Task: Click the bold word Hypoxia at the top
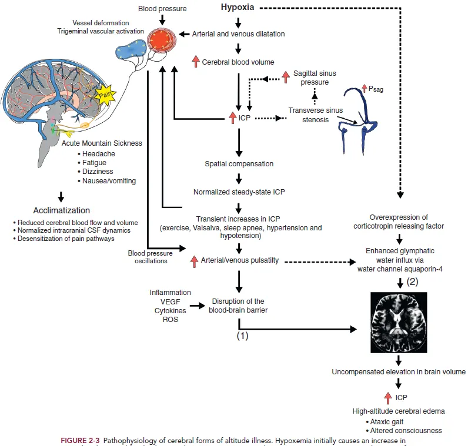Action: pos(238,8)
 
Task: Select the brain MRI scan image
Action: pos(399,320)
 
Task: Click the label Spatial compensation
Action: pos(239,163)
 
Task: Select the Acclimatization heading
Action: pos(62,210)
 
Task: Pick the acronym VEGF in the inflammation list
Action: pos(171,301)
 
